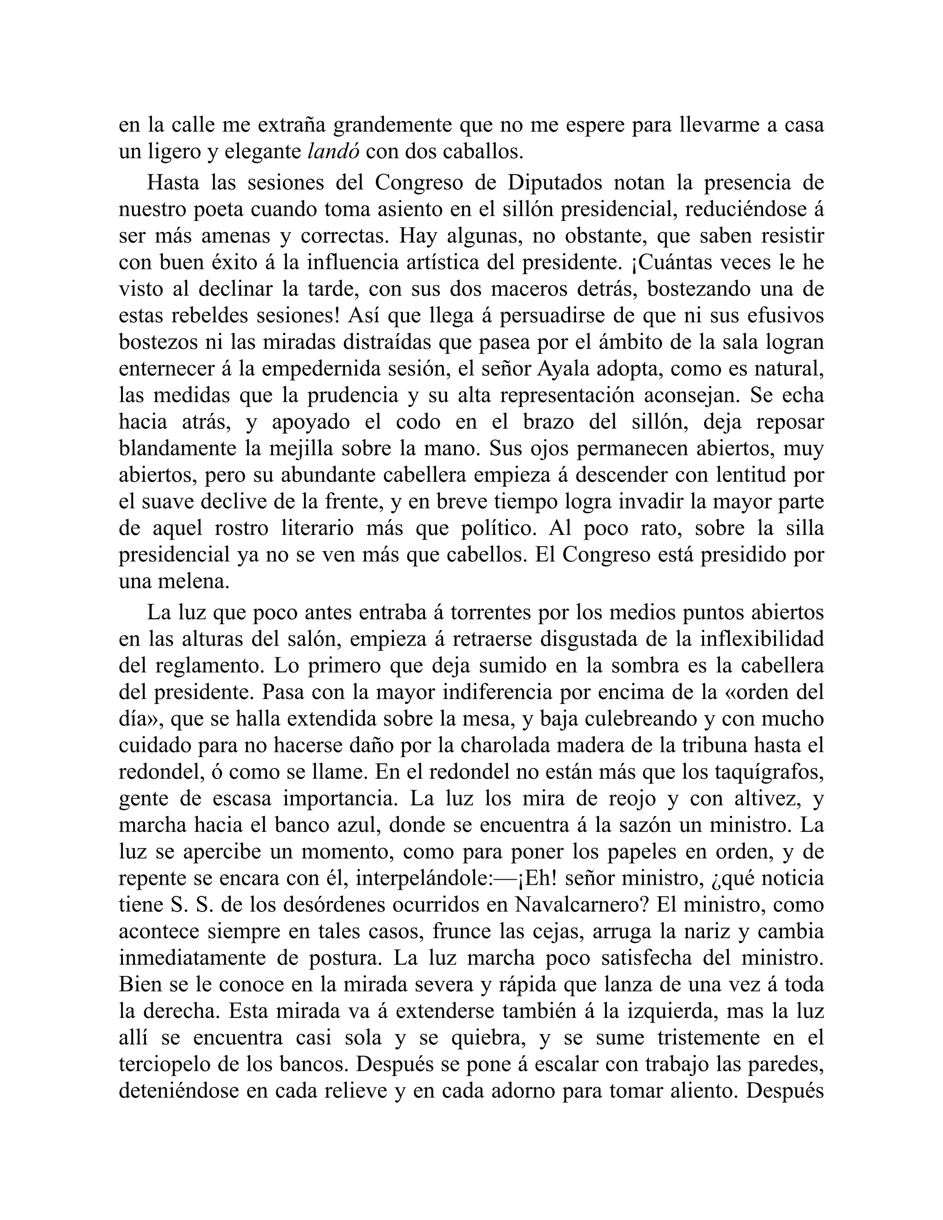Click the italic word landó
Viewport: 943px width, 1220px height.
coord(333,151)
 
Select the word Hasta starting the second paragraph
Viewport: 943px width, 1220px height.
coord(175,183)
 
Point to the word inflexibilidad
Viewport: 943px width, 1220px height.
coord(762,639)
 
